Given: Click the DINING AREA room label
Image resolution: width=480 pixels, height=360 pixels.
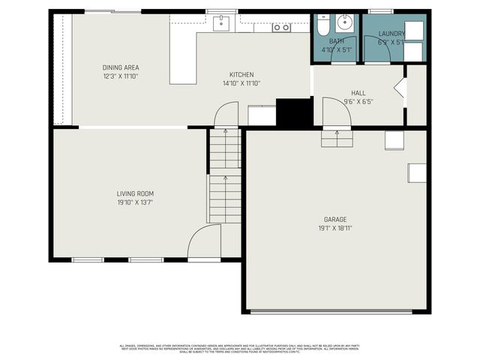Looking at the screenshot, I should click(121, 67).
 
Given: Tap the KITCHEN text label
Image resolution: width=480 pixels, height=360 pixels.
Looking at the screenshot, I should click(241, 74).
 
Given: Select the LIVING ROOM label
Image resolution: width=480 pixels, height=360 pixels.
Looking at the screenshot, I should click(135, 193).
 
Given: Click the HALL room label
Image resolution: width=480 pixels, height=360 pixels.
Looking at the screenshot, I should click(358, 93).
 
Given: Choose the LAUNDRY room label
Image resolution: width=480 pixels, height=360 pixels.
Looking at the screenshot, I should click(391, 34).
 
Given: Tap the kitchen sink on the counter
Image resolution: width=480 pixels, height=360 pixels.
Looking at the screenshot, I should click(220, 24).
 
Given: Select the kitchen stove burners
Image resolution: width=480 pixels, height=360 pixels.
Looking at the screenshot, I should click(281, 27).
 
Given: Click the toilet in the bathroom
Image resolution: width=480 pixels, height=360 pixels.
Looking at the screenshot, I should click(321, 27).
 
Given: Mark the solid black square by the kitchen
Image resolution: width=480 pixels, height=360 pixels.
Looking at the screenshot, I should click(294, 112).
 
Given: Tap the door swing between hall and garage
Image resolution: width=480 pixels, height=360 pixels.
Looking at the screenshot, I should click(336, 113).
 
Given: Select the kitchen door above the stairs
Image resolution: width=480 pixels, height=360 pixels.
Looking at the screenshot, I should click(226, 115).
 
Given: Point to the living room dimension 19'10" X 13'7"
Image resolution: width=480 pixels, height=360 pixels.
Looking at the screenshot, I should click(135, 202).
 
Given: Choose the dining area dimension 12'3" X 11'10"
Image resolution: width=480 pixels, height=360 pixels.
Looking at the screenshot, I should click(121, 76).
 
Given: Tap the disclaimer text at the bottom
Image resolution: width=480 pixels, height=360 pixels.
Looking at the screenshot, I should click(240, 348).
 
